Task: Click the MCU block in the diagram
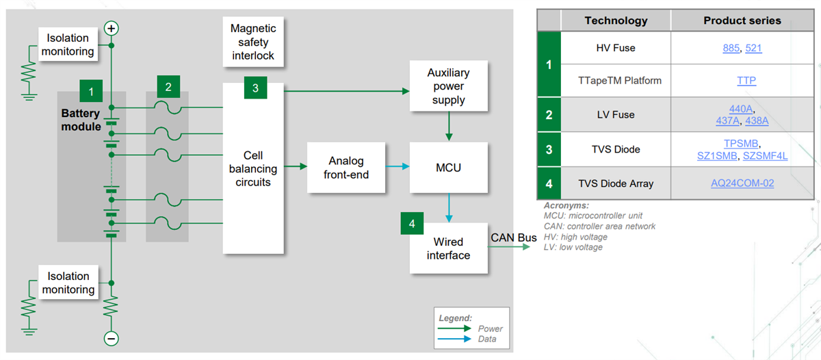click(448, 168)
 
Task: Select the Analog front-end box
click(346, 168)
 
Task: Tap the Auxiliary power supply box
click(448, 86)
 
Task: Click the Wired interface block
click(448, 248)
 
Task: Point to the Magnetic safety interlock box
click(253, 42)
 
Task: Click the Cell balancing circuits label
click(252, 169)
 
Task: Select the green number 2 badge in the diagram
click(168, 86)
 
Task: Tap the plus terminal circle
click(111, 28)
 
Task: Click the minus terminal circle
click(111, 338)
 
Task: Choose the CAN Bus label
click(514, 237)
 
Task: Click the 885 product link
click(731, 48)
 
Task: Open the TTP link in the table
click(746, 81)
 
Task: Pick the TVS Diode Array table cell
click(616, 183)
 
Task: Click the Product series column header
click(742, 21)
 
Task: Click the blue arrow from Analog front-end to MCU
click(398, 167)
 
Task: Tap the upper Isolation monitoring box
click(70, 44)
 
